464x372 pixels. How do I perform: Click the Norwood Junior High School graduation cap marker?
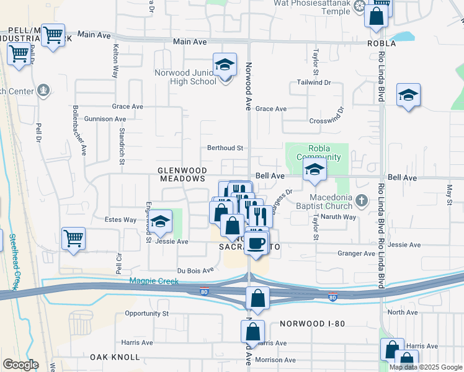click(x=225, y=64)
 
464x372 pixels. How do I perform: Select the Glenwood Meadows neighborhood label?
click(x=181, y=174)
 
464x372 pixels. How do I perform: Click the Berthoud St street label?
click(x=225, y=148)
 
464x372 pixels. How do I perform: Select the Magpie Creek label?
click(x=154, y=281)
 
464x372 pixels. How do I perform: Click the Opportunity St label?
click(x=147, y=314)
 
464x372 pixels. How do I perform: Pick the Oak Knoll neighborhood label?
click(x=112, y=357)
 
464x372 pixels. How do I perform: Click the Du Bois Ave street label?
click(x=195, y=270)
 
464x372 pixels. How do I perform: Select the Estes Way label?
click(x=120, y=219)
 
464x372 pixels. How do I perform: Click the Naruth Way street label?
click(x=342, y=217)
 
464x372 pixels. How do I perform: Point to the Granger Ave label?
click(x=356, y=253)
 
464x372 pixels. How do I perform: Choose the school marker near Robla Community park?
click(x=315, y=170)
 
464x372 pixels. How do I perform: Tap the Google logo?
click(x=20, y=365)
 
